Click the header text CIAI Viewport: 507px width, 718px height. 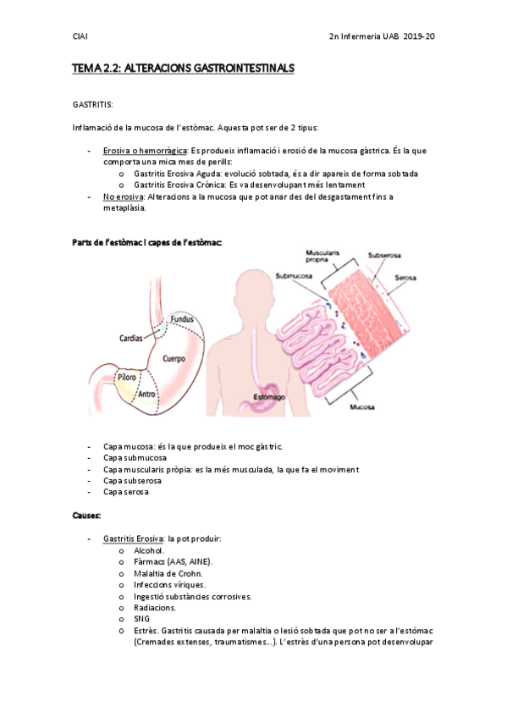80,36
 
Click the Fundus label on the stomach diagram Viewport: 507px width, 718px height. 182,319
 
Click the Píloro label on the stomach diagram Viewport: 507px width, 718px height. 127,377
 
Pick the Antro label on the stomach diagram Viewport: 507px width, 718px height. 147,393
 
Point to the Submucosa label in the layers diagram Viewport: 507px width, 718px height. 295,274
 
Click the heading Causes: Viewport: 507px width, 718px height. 87,514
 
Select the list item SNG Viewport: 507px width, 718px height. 143,619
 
